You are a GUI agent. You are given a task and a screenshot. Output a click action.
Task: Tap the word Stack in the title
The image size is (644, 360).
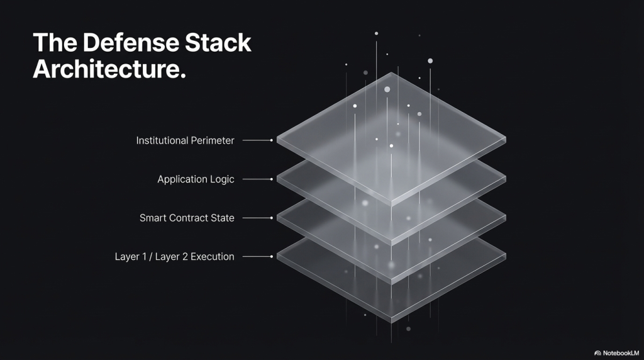[216, 43]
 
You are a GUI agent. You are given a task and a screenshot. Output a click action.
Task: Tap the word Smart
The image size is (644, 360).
[153, 218]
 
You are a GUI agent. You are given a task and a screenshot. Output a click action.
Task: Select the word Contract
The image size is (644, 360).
[189, 218]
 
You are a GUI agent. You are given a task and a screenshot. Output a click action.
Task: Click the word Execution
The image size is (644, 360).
[209, 257]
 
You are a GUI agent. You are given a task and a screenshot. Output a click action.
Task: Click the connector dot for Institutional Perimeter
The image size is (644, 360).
[271, 140]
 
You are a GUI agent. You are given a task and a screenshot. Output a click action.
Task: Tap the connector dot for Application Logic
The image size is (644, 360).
[271, 179]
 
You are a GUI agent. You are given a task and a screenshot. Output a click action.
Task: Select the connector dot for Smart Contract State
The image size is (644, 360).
[271, 218]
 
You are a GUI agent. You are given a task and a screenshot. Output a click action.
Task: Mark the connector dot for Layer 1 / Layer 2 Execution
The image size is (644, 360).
[271, 257]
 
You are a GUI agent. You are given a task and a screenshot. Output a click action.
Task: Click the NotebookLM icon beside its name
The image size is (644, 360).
[597, 353]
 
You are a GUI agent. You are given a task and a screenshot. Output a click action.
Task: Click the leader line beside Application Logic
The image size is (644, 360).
[255, 179]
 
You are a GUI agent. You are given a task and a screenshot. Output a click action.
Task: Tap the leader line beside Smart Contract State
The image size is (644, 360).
[255, 218]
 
